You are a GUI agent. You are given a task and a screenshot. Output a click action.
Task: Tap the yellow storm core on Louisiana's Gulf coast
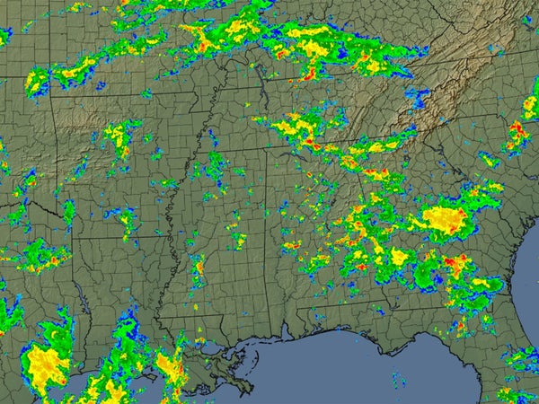point(168,363)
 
